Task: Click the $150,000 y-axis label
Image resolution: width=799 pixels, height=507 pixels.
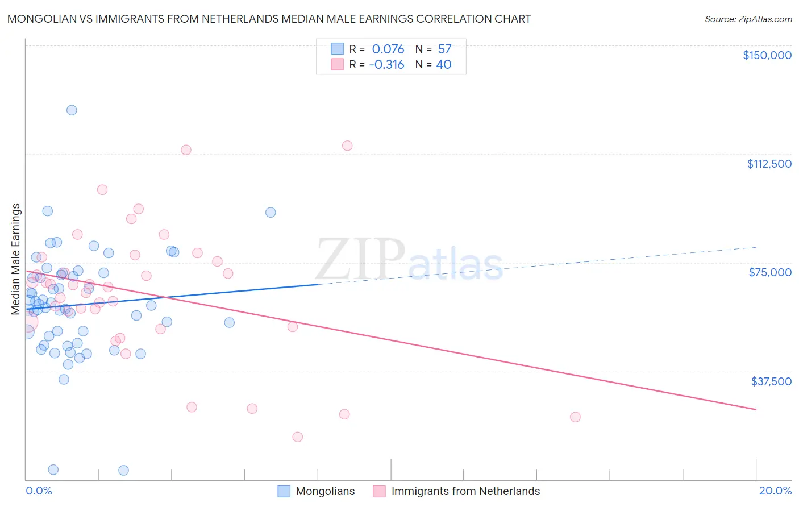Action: pos(767,55)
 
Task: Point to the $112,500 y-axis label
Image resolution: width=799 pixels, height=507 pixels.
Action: pos(769,164)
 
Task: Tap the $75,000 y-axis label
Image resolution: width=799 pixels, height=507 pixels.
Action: pos(770,272)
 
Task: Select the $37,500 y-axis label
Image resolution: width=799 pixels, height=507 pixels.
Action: pos(771,381)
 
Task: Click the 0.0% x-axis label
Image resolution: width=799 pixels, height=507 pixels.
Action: pos(39,491)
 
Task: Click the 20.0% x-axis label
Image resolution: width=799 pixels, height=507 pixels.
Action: pos(775,491)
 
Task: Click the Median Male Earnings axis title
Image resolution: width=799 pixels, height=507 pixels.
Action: pos(16,259)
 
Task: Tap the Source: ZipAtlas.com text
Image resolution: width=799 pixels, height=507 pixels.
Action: pos(748,19)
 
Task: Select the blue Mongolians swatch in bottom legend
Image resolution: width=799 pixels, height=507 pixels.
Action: pos(284,491)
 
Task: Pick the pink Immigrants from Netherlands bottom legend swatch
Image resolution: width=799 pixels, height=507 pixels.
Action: pos(379,491)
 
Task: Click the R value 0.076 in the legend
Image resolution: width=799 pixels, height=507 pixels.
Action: pos(388,49)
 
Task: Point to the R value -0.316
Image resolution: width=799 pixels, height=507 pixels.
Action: pos(386,65)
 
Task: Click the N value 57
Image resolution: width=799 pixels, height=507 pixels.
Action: pos(444,49)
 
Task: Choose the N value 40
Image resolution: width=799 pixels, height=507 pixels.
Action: pos(444,65)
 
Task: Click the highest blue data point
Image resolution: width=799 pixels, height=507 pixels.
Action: pos(72,110)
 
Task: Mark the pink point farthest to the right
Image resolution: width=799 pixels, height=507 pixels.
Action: pos(575,417)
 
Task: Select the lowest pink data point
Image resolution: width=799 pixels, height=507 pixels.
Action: pos(297,437)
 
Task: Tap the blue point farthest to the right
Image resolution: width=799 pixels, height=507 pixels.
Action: pos(271,213)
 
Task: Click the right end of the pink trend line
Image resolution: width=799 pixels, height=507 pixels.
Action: pos(756,409)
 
